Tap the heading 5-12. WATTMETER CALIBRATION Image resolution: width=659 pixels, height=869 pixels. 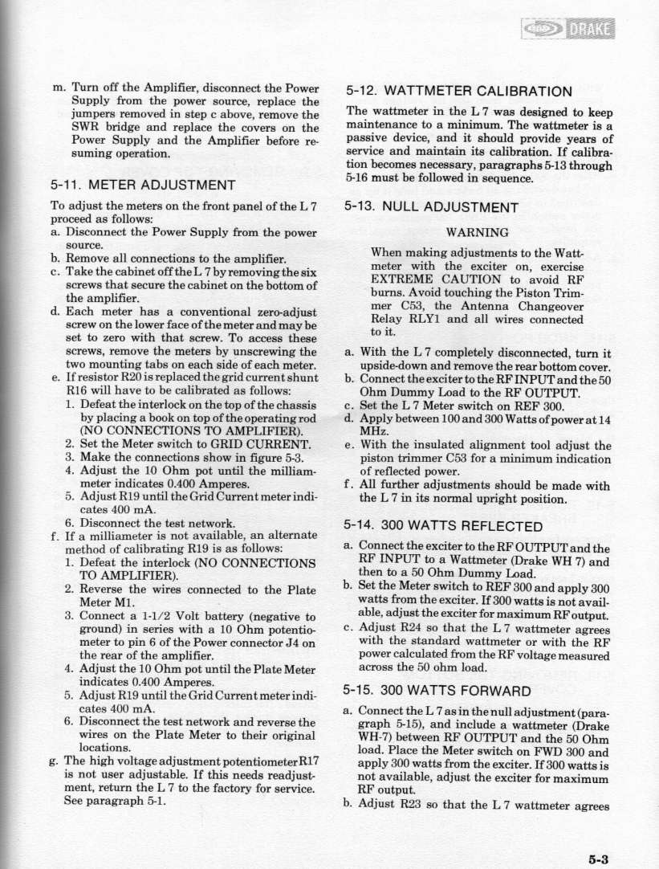pos(457,91)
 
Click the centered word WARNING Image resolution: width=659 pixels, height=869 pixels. pos(474,235)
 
